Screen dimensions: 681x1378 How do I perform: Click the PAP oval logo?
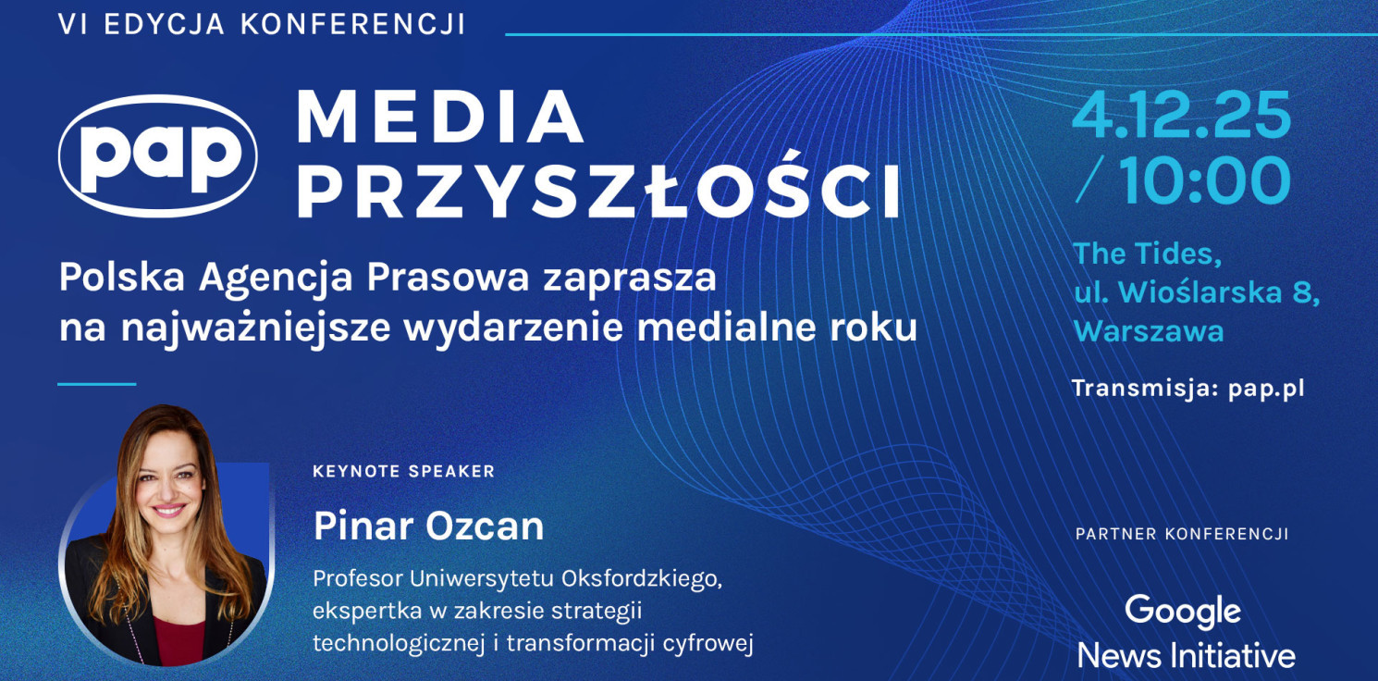coord(158,155)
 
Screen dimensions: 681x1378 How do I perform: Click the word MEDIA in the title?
coord(439,118)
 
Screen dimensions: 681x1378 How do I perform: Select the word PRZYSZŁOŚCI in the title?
coord(598,192)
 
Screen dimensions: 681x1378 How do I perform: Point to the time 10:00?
coord(1205,180)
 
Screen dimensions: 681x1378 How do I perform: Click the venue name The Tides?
coord(1147,253)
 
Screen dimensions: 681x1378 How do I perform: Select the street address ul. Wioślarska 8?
coord(1196,291)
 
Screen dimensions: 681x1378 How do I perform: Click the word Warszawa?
coord(1148,330)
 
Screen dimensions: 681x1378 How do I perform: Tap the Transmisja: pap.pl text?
coord(1187,389)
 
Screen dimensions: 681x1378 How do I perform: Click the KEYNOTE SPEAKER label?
coord(403,471)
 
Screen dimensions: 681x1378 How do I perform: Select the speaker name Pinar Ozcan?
coord(428,526)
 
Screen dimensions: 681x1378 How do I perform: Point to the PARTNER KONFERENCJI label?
coord(1181,534)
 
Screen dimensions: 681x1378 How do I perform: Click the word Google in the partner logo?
coord(1183,612)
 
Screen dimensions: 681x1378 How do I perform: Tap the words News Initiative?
coord(1186,656)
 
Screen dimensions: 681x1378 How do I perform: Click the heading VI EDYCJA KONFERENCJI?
coord(262,25)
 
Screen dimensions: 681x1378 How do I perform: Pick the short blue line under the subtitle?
coord(96,383)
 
